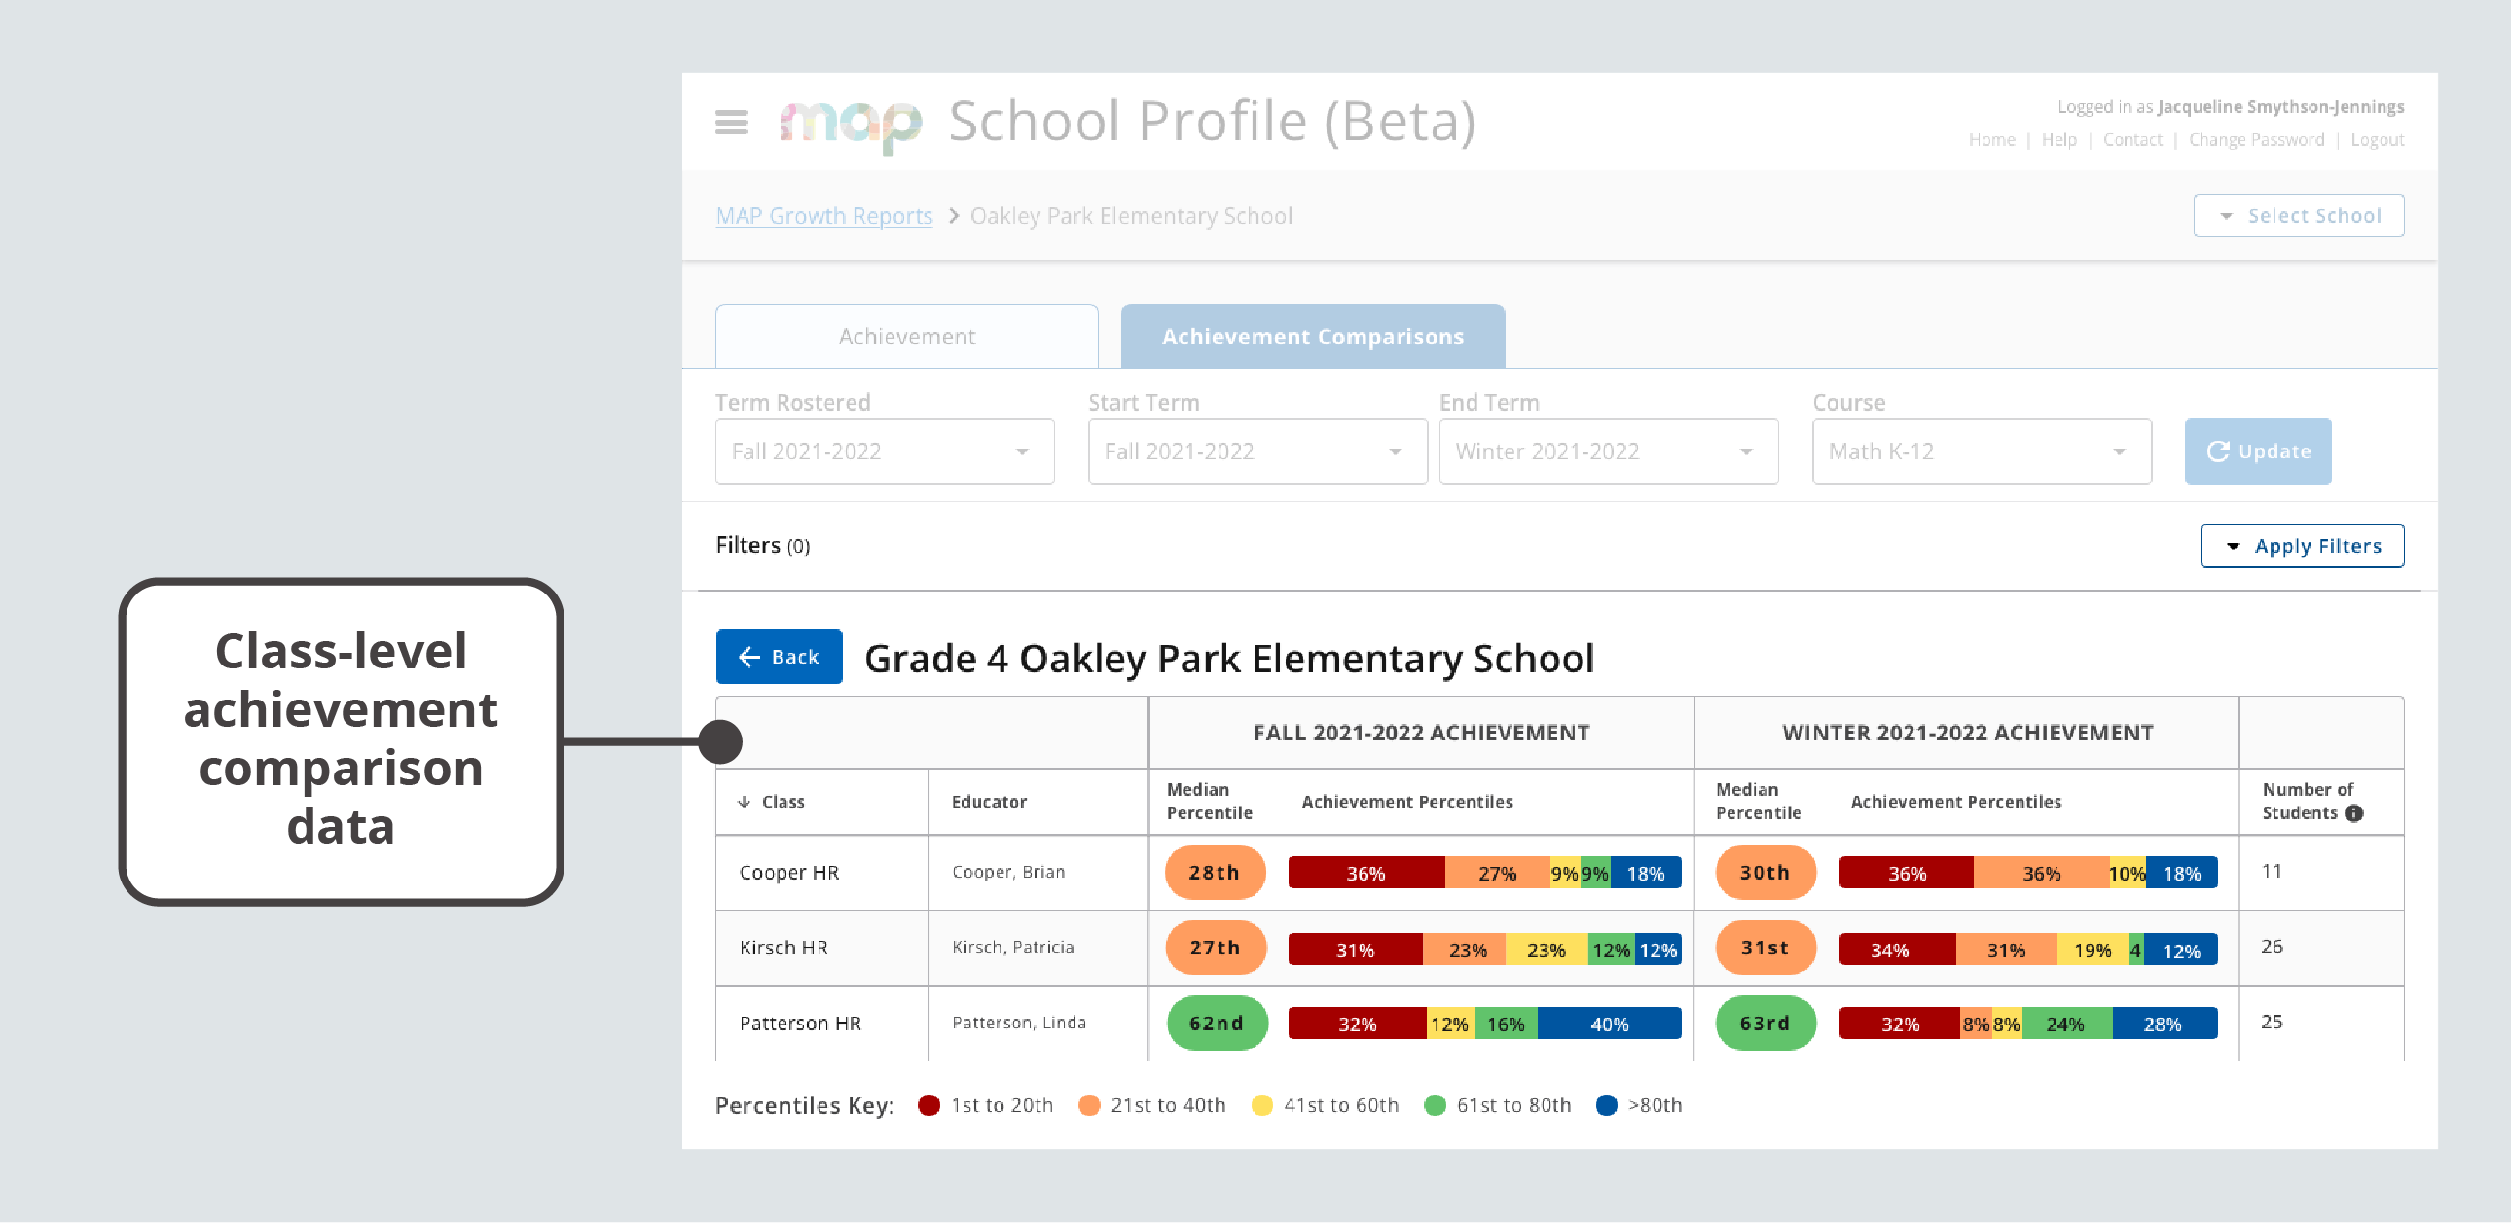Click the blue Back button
pos(779,657)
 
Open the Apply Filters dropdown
pos(2302,546)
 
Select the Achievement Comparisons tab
pos(1312,337)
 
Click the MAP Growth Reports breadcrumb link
pos(823,215)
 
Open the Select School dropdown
pos(2299,215)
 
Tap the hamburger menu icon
pos(731,123)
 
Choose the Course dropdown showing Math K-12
pos(1981,451)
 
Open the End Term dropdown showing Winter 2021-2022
pos(1609,451)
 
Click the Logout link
pos(2377,140)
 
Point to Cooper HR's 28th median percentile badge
pos(1215,872)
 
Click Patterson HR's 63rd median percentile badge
pos(1765,1024)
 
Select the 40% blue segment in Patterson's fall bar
pos(1609,1025)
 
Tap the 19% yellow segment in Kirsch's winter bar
pos(2092,951)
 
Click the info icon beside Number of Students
pos(2354,813)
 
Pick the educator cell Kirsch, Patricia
pos(1013,948)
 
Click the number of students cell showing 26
pos(2273,948)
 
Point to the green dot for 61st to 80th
pos(1435,1105)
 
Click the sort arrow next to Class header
pos(744,801)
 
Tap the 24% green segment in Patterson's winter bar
pos(2064,1025)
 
